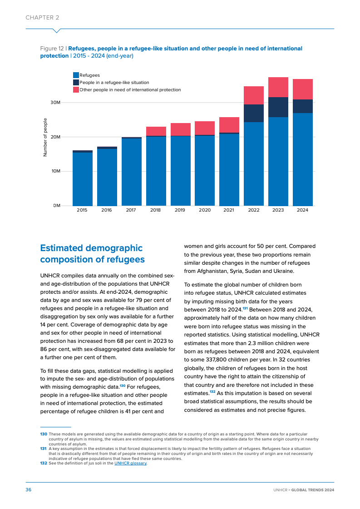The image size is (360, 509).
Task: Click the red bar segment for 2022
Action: point(254,95)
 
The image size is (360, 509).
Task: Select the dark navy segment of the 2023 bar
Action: point(278,107)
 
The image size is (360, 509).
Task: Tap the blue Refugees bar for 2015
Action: point(83,179)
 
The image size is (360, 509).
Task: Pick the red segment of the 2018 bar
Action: point(156,131)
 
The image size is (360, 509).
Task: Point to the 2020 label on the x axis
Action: point(205,210)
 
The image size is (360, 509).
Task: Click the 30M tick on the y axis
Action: point(55,103)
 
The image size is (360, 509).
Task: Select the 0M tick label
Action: point(57,206)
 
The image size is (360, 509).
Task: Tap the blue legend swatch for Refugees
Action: point(76,75)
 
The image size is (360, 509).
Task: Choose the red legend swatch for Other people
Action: point(76,90)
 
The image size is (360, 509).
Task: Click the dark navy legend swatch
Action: point(76,83)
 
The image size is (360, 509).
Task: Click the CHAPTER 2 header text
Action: point(42,18)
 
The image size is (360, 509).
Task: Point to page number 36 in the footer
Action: point(28,490)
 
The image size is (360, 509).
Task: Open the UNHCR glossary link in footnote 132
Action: point(130,463)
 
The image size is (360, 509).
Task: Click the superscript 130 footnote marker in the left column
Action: point(123,385)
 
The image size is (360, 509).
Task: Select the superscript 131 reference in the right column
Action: point(245,308)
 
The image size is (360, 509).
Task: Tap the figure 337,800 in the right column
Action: point(214,360)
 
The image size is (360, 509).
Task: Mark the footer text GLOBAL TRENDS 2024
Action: point(313,490)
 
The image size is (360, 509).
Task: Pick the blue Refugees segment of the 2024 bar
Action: point(303,159)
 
